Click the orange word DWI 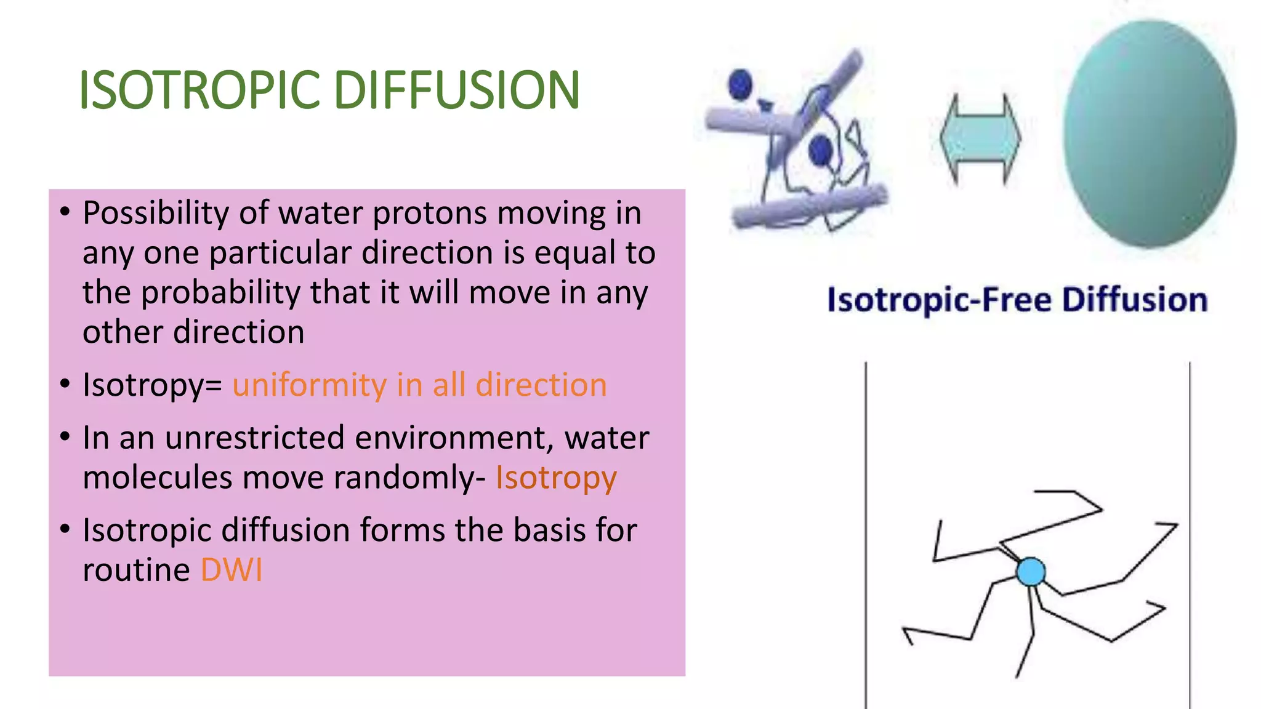tap(232, 570)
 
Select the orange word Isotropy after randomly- tap(556, 478)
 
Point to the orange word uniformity tap(309, 386)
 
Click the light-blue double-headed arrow tap(980, 139)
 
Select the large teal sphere tap(1149, 134)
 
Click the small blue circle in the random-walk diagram tap(1031, 572)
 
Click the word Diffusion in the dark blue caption tap(1135, 300)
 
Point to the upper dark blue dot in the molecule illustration tap(740, 84)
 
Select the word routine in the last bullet tap(136, 570)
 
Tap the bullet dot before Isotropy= tap(65, 384)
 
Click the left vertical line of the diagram tap(866, 535)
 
